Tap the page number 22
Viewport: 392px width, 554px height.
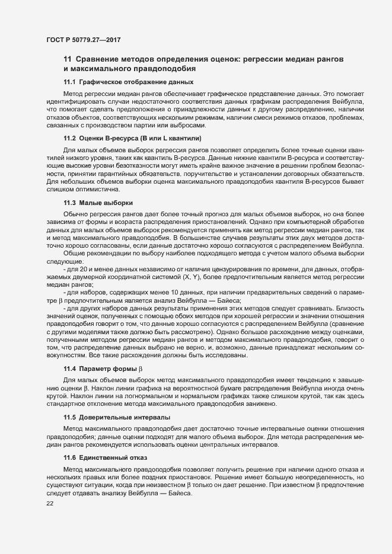click(x=49, y=503)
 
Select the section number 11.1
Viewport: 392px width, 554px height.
click(x=69, y=82)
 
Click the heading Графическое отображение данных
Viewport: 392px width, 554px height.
click(x=136, y=82)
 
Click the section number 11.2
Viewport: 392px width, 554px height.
click(x=69, y=138)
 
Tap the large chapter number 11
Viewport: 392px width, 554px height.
click(x=68, y=60)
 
